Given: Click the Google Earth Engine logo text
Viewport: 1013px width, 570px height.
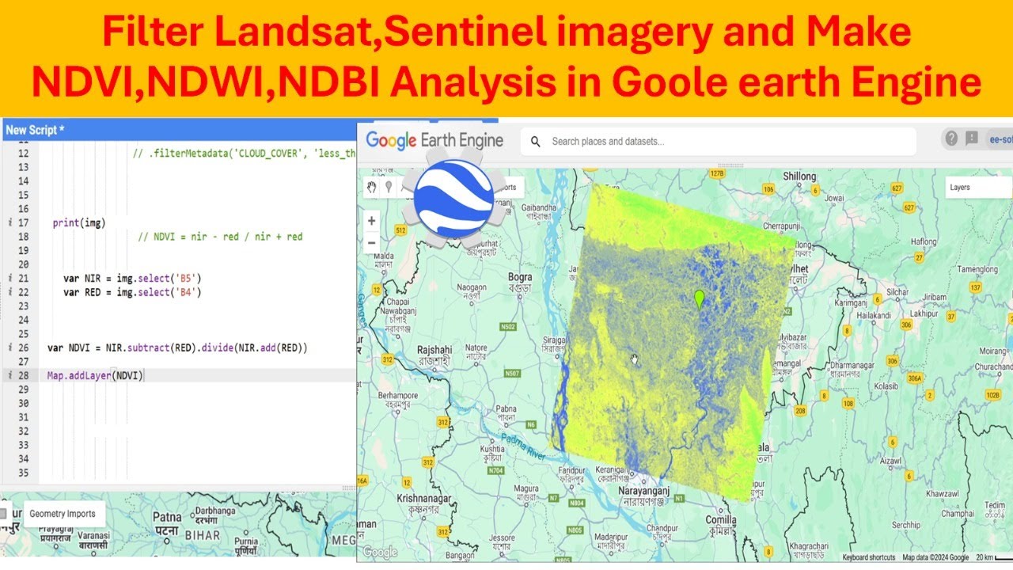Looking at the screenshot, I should tap(434, 141).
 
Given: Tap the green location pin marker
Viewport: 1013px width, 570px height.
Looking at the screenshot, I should tap(699, 299).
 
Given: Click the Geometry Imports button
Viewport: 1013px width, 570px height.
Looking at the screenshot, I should tap(62, 514).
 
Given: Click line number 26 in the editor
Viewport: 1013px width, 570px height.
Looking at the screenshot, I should tap(23, 348).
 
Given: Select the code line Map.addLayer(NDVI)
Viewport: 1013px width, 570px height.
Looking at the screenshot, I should tap(95, 375).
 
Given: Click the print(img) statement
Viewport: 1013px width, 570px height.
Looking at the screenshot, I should tap(79, 222).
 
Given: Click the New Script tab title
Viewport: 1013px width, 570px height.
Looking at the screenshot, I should tap(35, 130).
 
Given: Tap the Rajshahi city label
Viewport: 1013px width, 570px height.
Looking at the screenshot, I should tap(434, 350).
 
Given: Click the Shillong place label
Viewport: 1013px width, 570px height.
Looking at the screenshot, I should tap(799, 177).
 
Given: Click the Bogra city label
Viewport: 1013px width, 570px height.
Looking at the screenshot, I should tap(520, 278).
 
